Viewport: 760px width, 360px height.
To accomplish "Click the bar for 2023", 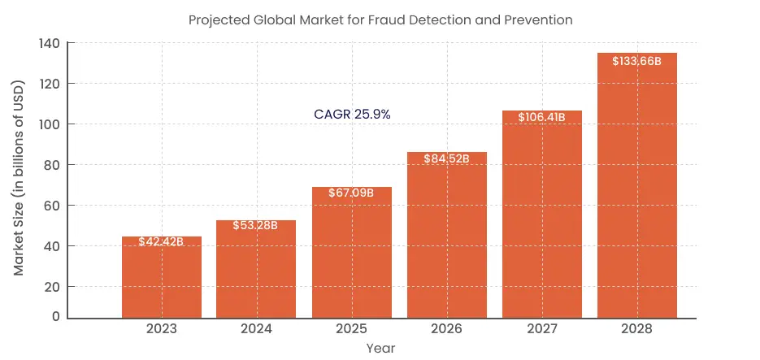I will tap(162, 280).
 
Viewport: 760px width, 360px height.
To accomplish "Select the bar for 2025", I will tap(352, 256).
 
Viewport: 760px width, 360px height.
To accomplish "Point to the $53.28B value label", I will tap(255, 225).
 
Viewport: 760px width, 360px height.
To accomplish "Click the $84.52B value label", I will tap(446, 158).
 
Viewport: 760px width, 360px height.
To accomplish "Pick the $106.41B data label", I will tap(541, 117).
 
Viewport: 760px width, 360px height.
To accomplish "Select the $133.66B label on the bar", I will tap(636, 61).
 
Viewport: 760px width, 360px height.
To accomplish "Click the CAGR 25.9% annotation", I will tap(352, 115).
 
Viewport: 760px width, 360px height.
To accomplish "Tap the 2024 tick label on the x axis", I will tap(257, 329).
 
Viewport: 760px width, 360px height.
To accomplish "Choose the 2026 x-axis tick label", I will tap(447, 329).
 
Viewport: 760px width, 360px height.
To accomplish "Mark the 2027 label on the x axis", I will tap(542, 329).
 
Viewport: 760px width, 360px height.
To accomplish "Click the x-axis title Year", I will tap(380, 348).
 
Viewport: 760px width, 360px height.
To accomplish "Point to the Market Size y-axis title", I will tap(19, 178).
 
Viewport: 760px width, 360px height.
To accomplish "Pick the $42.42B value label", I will tap(161, 241).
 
